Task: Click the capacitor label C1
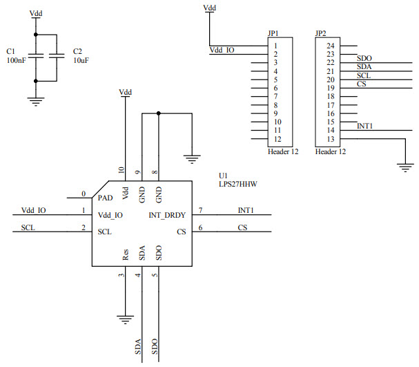point(10,52)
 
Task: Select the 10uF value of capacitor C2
point(81,61)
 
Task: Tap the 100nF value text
point(17,61)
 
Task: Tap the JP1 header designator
point(273,32)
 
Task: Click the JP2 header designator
point(320,32)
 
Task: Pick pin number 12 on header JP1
point(276,139)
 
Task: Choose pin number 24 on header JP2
point(331,46)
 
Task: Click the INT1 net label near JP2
point(365,126)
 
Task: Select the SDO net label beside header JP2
point(364,58)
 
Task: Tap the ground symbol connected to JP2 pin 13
point(404,166)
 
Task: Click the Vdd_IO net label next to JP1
point(222,50)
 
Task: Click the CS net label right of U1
point(242,227)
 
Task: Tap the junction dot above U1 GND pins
point(159,113)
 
